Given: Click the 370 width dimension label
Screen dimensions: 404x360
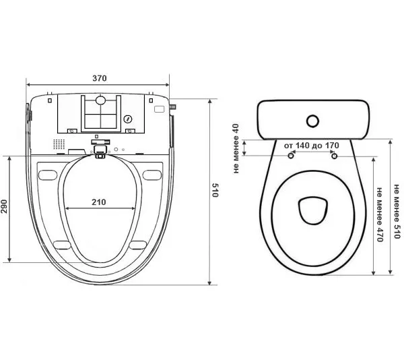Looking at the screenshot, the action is coord(100,78).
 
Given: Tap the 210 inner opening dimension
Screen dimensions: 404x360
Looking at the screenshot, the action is coord(99,202).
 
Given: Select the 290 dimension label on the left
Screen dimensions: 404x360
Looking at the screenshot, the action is coord(4,206).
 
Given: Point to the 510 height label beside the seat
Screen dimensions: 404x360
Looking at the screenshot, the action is coord(215,190).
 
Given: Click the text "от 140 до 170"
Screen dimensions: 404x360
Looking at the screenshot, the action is coord(312,146).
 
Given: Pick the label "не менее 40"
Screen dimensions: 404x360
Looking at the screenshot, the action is coord(236,148).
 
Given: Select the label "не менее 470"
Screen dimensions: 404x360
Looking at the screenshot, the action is coord(379,214).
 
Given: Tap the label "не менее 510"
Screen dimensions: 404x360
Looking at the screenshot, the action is coord(397,212).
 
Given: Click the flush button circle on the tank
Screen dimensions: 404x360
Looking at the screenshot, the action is coord(313,121).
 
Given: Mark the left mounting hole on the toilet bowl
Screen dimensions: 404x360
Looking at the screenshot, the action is coord(291,156).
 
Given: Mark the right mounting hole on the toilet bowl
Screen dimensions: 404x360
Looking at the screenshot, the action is coord(334,156).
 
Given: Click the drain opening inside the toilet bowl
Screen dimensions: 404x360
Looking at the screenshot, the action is coord(313,211).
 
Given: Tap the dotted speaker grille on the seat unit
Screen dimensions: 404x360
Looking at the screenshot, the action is coord(59,144).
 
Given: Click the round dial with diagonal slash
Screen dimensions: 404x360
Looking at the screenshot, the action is coord(128,119).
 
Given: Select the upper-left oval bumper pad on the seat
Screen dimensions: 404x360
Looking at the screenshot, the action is coord(47,175).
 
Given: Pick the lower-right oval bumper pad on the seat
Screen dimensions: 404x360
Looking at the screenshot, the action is coord(138,245).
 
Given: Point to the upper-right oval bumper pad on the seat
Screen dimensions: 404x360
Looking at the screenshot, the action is coord(152,175).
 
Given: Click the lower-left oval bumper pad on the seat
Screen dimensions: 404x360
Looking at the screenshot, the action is coord(62,245).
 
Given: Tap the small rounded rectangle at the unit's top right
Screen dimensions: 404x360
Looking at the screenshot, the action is coord(159,109).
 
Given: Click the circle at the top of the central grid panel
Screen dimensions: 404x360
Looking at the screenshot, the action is coord(100,100).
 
